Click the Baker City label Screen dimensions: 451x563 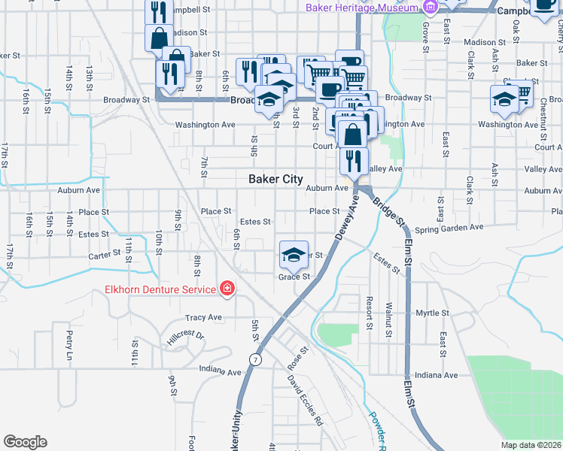[x=275, y=180]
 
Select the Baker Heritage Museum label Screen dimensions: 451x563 [x=361, y=8]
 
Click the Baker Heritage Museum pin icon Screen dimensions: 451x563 [x=431, y=8]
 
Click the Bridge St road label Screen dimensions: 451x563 [x=388, y=216]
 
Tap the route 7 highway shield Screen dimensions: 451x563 [x=257, y=359]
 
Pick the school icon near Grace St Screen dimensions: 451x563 [x=294, y=253]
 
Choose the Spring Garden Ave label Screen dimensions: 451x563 [x=448, y=228]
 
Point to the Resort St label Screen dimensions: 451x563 [x=369, y=312]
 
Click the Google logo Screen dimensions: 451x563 [x=25, y=442]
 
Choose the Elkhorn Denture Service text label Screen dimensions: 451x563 [x=160, y=289]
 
